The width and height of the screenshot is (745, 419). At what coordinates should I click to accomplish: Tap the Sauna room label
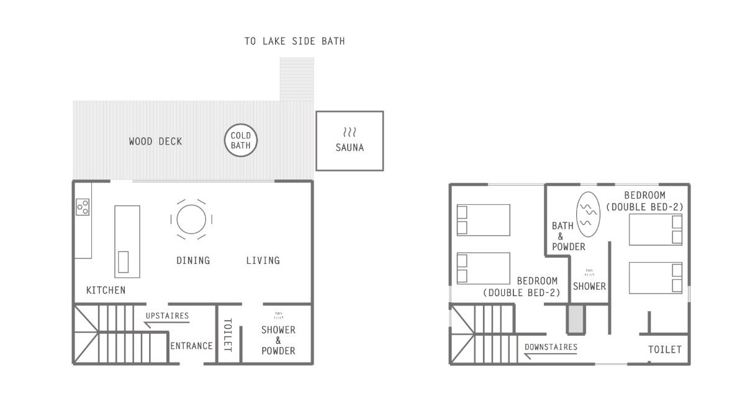350,148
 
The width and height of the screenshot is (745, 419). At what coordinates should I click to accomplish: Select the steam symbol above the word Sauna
350,132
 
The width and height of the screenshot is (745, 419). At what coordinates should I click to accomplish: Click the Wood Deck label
156,142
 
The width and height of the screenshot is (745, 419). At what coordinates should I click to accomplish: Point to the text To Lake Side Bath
295,41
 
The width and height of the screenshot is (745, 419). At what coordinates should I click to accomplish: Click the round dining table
191,220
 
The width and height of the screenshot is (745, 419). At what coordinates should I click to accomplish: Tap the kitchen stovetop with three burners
83,207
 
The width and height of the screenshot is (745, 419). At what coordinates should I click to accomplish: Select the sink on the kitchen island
123,262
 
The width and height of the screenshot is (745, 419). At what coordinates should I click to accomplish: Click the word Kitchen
106,291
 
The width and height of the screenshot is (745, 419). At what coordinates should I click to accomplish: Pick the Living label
263,260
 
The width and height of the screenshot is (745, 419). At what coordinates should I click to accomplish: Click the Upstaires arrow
166,323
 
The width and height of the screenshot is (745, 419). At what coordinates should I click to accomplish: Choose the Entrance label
191,346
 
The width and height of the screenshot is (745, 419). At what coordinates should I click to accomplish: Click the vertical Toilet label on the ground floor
227,335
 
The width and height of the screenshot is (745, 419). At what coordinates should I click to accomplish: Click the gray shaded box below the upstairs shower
576,319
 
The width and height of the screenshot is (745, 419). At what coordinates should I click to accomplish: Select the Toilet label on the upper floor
665,349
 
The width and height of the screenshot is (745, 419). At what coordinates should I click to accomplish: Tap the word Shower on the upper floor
589,286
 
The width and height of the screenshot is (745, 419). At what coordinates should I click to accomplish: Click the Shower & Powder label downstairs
278,340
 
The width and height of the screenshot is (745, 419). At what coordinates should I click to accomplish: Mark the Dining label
193,260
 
